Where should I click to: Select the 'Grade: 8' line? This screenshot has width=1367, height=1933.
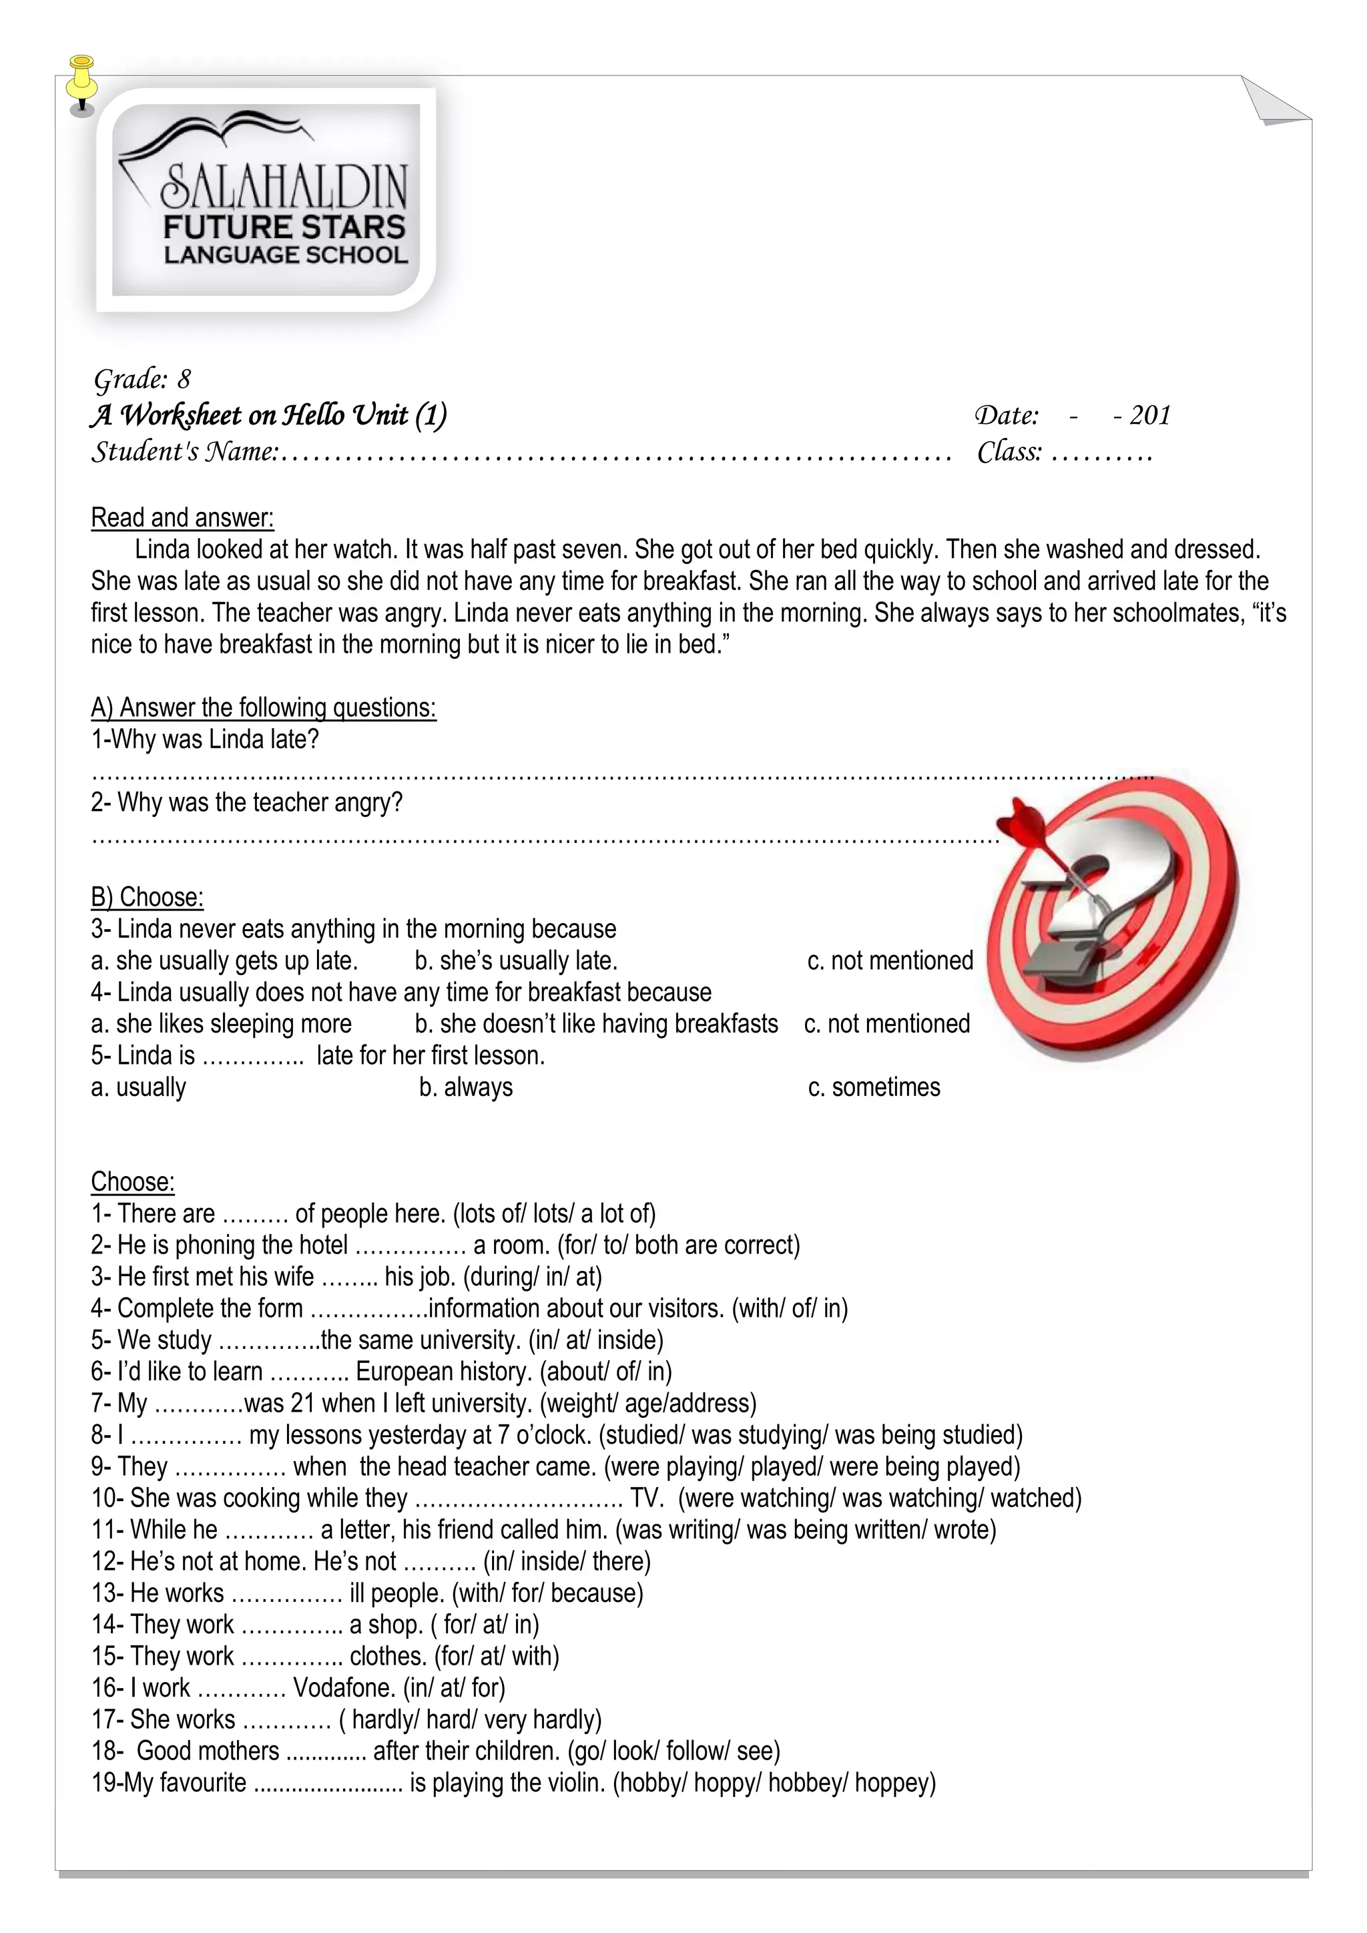tap(142, 379)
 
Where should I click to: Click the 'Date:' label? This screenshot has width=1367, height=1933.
tap(1006, 415)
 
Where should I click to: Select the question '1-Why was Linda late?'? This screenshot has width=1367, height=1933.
tap(204, 739)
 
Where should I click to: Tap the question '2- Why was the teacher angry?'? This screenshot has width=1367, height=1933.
tap(246, 802)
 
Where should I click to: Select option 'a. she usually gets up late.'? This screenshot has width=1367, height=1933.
tap(224, 960)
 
